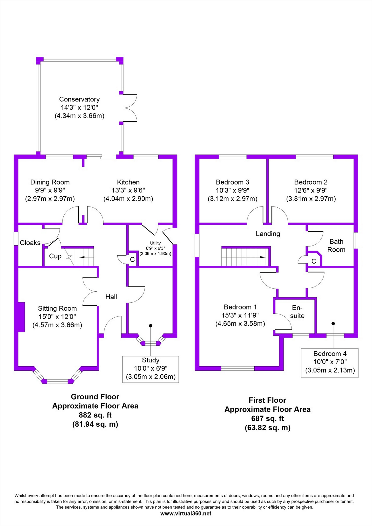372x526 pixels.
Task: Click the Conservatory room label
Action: point(79,99)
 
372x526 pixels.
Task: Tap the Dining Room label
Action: point(50,182)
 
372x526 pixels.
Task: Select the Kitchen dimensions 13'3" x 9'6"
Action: point(128,190)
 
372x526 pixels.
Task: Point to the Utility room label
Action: point(155,243)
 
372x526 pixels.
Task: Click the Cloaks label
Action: point(30,243)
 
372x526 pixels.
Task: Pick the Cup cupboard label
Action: point(55,256)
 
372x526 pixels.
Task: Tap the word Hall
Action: point(111,297)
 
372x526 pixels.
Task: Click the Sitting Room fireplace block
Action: point(21,317)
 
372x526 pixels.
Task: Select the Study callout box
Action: point(151,369)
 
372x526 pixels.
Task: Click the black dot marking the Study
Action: point(150,326)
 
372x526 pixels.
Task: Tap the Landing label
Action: point(268,234)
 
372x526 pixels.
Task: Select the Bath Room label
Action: point(336,246)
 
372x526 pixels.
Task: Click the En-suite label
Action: point(297,311)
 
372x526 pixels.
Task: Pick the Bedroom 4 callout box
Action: point(330,363)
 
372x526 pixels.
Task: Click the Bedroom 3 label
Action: point(233,182)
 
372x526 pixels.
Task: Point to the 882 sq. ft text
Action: point(95,415)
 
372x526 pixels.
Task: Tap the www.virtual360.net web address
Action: point(186,513)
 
